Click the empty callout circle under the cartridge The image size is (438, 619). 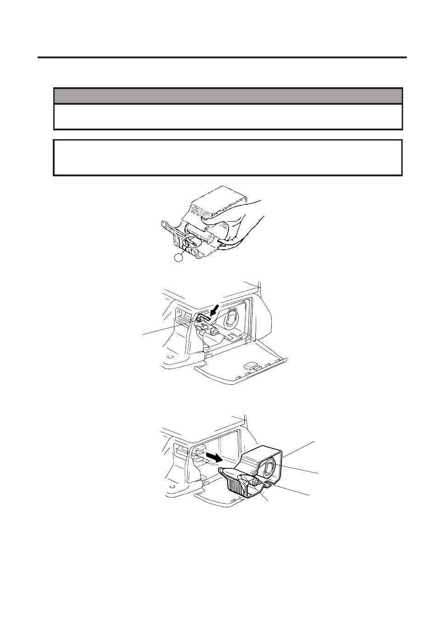point(179,258)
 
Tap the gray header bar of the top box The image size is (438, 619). point(228,96)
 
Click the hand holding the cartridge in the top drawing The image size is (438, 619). point(243,220)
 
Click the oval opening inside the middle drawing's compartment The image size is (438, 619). point(229,317)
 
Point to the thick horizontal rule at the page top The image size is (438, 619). point(222,58)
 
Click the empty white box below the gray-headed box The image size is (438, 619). point(228,158)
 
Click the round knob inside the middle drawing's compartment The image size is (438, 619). point(213,330)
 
